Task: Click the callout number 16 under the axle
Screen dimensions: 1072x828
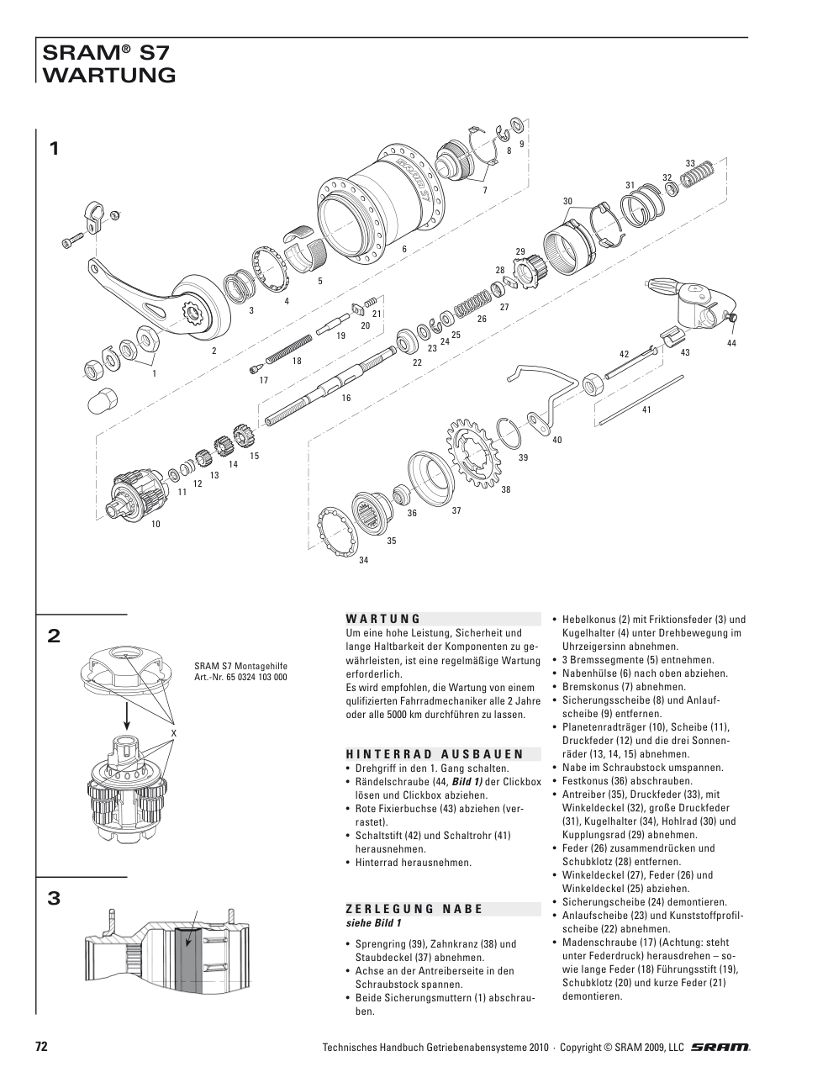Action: (x=345, y=398)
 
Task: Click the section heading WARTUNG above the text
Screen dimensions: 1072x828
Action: (x=382, y=618)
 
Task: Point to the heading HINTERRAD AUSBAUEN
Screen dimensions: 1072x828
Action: (x=435, y=754)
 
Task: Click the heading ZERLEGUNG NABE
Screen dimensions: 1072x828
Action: (x=414, y=908)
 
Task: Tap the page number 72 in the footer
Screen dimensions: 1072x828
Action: (x=41, y=1047)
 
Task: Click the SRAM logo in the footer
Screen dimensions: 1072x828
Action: (x=720, y=1047)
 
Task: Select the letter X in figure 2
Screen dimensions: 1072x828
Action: (x=173, y=733)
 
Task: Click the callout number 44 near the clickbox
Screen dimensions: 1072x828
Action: (x=731, y=344)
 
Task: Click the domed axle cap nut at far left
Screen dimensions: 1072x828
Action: (x=99, y=401)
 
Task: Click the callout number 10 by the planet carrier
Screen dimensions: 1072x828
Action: (x=156, y=524)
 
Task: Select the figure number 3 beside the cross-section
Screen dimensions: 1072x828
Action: (x=54, y=899)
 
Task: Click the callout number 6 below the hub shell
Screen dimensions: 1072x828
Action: (x=404, y=249)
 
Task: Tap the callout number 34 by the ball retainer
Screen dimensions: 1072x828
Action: (x=363, y=560)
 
